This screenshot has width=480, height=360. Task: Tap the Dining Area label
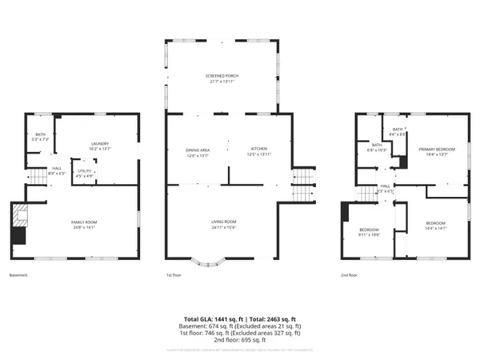[x=197, y=151]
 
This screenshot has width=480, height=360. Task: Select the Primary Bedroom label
[x=437, y=151]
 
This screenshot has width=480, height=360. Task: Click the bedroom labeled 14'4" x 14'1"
[x=435, y=224]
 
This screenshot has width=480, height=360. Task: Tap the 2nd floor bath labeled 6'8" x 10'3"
[x=376, y=148]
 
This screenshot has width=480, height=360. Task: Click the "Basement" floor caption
[x=18, y=275]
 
